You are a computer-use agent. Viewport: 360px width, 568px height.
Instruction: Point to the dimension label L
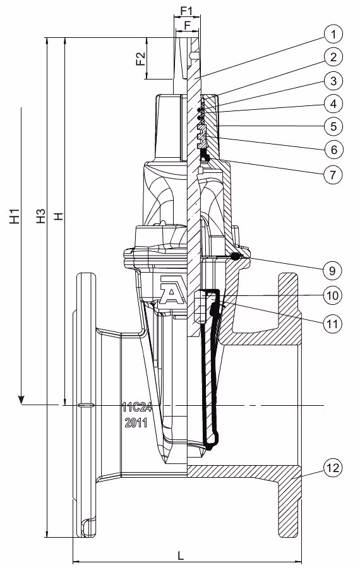(x=181, y=556)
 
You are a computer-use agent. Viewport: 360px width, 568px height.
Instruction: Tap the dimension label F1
(x=186, y=11)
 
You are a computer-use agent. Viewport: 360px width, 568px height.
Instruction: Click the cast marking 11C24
(x=135, y=407)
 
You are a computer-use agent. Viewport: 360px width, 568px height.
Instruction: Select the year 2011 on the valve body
(x=136, y=423)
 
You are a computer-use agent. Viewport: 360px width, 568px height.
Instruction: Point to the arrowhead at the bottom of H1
(x=21, y=399)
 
